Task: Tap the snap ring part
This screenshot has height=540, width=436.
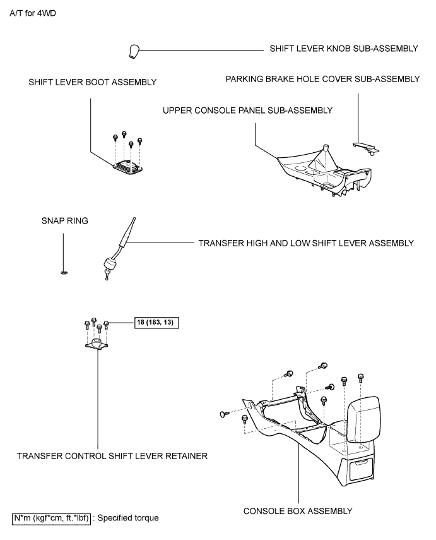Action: [64, 273]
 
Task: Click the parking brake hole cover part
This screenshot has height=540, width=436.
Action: [366, 148]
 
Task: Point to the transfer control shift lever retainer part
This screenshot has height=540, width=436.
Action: [97, 345]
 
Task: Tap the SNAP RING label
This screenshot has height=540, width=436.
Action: [65, 221]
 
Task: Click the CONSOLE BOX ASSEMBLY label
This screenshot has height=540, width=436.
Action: [298, 511]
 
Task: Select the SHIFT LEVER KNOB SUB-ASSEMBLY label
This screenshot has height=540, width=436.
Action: [344, 49]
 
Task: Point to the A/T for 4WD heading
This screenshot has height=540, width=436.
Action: [33, 13]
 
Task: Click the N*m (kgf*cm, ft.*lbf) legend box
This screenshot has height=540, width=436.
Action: [51, 519]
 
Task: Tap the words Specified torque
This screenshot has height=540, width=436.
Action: [128, 518]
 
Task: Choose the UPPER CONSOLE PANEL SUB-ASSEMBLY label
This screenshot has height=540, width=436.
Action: [247, 111]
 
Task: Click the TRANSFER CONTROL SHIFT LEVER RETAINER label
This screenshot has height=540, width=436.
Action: [112, 456]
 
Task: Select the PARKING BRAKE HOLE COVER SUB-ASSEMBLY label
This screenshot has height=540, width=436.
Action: [322, 79]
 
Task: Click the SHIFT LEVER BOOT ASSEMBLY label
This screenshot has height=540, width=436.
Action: [93, 82]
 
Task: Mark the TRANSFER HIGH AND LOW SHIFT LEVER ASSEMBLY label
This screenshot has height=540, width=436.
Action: [306, 243]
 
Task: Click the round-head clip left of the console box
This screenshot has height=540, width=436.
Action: [224, 414]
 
